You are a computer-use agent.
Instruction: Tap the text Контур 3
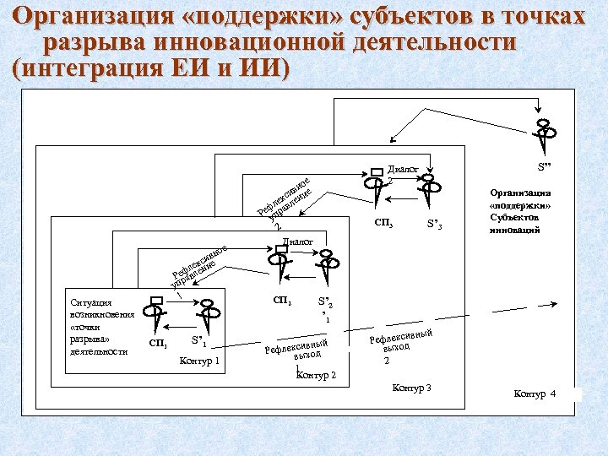412,388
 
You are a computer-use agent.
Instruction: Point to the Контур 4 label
535,394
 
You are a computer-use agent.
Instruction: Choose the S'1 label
199,342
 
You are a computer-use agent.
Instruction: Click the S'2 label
324,302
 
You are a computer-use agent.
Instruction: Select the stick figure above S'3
432,190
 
